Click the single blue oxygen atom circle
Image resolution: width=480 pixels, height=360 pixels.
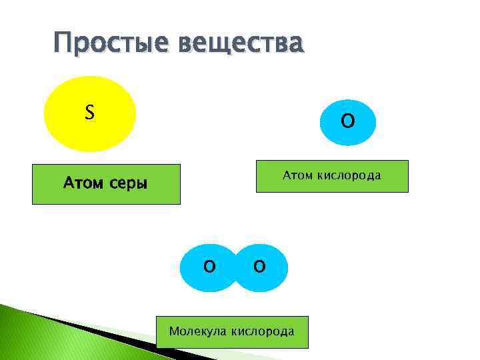coord(347,121)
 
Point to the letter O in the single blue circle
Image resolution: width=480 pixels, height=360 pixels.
coord(347,121)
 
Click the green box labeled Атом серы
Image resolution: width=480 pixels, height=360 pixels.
coord(106,184)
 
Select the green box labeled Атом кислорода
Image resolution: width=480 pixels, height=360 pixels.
coord(332,177)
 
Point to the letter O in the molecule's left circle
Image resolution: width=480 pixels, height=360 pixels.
coord(209,267)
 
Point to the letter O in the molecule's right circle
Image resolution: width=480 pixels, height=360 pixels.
coord(259,267)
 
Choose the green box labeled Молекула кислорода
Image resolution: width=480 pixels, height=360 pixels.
coord(232,332)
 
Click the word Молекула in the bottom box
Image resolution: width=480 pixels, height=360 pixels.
coord(198,331)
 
